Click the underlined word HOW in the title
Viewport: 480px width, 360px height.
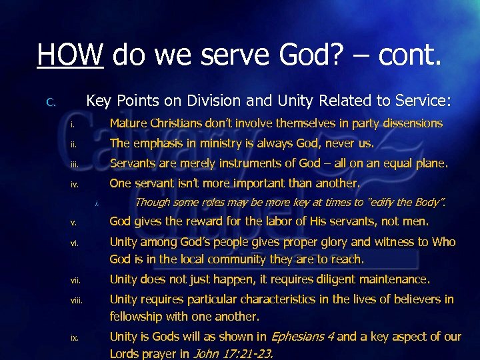coord(70,53)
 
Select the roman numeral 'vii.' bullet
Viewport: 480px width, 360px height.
coord(76,281)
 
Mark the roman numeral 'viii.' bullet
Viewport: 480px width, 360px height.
coord(77,301)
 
